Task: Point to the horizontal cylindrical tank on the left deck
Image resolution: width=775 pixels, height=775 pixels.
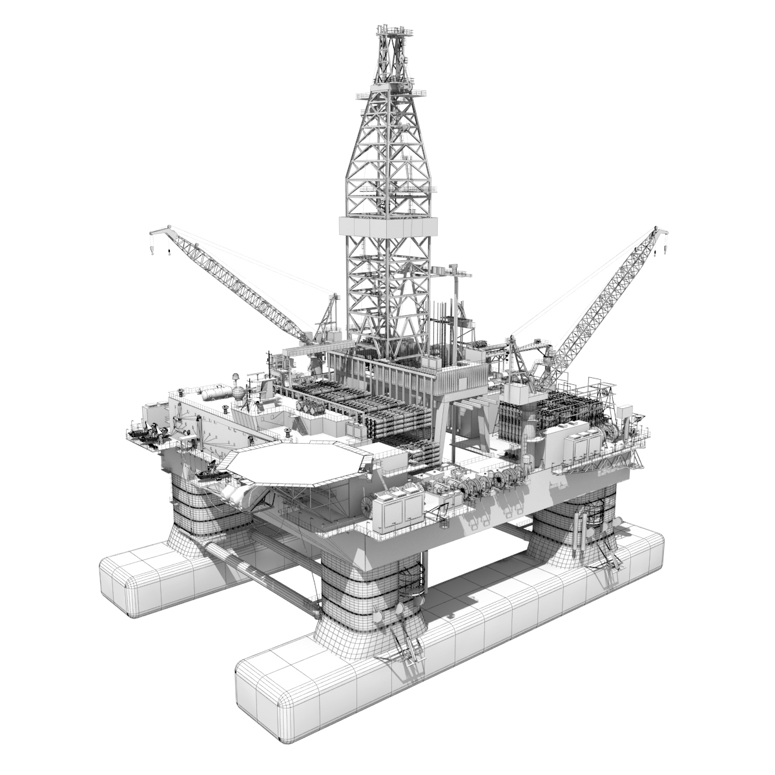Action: point(214,391)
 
